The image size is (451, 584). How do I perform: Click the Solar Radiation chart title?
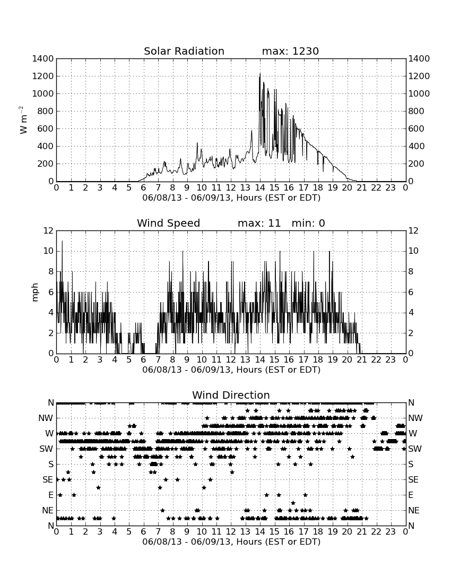click(x=184, y=51)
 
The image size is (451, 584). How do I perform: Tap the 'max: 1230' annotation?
click(x=290, y=51)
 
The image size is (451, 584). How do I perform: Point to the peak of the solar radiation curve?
click(x=260, y=74)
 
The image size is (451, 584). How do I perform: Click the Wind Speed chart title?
click(x=168, y=223)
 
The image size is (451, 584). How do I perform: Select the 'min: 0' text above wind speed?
click(x=308, y=223)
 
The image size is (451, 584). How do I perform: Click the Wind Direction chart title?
click(x=231, y=395)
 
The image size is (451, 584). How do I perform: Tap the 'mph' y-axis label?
click(x=35, y=292)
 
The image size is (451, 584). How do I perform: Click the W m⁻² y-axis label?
click(x=23, y=120)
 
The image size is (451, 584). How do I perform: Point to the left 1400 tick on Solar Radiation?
click(x=43, y=59)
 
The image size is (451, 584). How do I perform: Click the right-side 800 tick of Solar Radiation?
click(x=416, y=111)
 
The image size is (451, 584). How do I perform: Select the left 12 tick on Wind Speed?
click(x=48, y=231)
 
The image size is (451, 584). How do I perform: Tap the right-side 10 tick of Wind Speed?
click(x=413, y=251)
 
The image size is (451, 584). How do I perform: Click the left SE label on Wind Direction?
click(x=48, y=480)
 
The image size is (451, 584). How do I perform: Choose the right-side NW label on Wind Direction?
click(x=415, y=418)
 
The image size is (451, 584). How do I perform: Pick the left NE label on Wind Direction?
click(x=48, y=511)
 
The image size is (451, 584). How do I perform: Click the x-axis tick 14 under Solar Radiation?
click(x=260, y=188)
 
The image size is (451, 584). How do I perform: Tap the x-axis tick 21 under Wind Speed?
click(x=362, y=360)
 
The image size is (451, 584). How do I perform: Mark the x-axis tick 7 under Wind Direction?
click(x=158, y=532)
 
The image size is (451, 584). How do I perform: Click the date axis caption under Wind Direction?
click(x=231, y=542)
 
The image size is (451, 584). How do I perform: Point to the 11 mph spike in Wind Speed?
click(x=62, y=242)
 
